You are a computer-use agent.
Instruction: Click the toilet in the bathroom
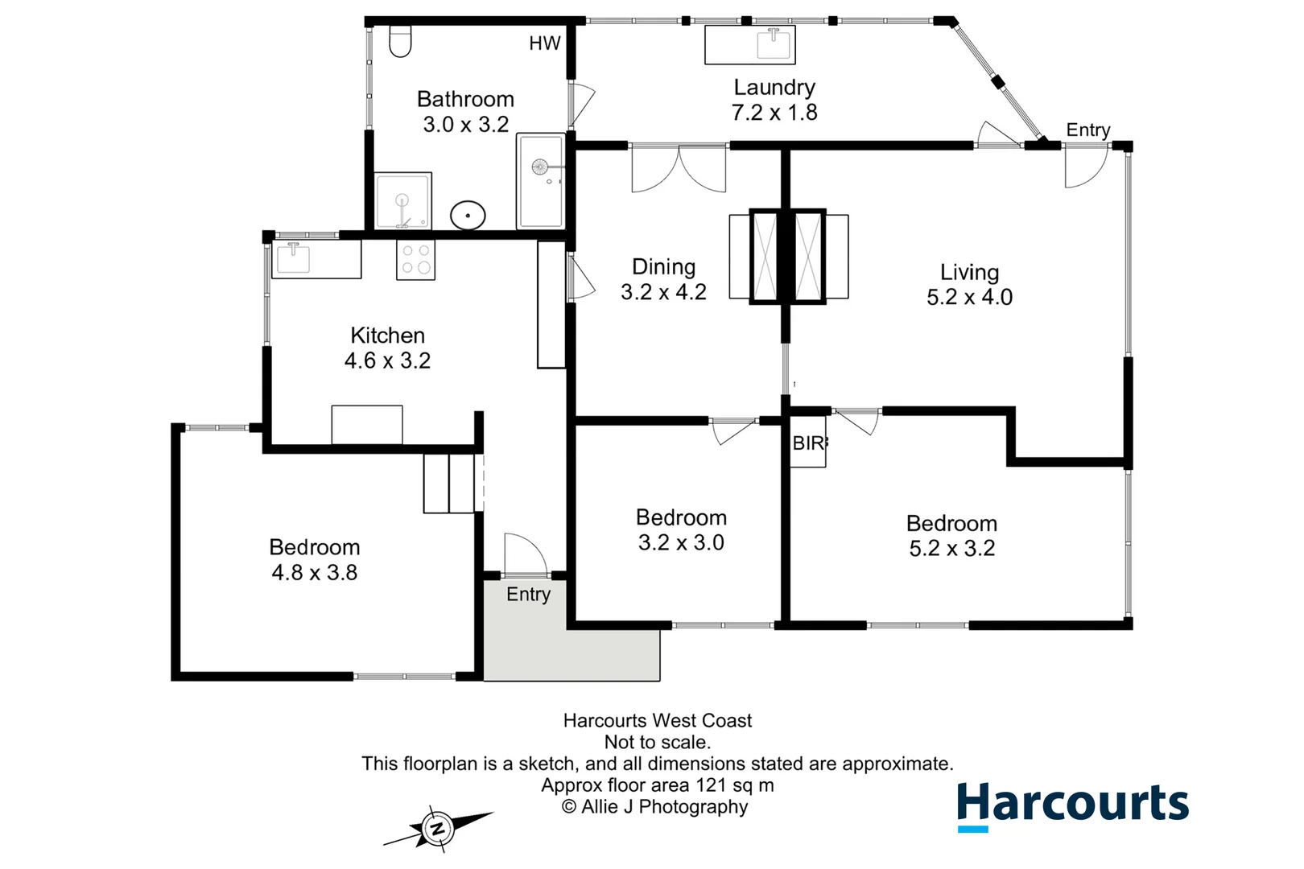coord(400,42)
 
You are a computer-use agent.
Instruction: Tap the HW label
coord(544,43)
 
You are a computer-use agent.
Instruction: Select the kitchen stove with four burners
coord(415,260)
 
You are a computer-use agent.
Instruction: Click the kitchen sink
coord(293,258)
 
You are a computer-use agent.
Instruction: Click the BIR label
coord(808,443)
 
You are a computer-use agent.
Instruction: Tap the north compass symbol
coord(437,828)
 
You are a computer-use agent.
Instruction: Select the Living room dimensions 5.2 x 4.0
coord(969,298)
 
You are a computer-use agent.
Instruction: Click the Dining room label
coord(663,267)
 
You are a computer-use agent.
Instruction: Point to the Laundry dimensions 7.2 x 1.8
coord(774,113)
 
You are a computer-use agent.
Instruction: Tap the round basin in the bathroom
coord(468,216)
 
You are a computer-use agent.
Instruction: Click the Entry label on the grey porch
coord(528,595)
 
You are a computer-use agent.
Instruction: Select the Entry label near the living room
coord(1087,130)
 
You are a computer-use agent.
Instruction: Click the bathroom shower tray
coord(403,201)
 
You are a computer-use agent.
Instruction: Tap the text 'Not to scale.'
coord(657,742)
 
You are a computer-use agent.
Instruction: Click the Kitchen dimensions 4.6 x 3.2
coord(387,360)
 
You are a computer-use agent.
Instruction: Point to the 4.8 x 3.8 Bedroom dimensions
coord(314,573)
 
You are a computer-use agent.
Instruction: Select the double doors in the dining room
coord(679,169)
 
